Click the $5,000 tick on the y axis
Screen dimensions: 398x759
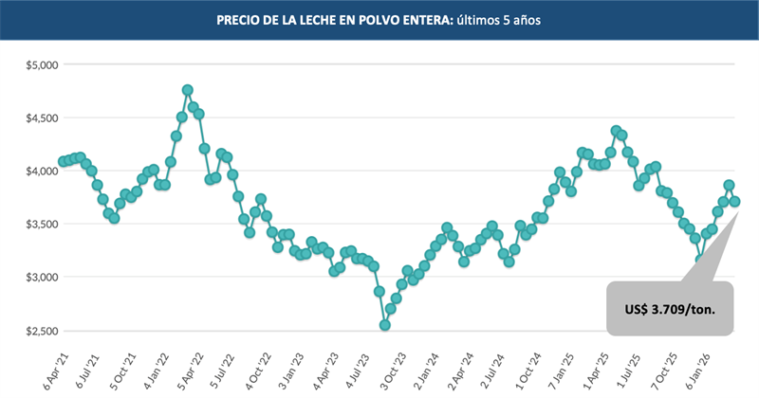tap(41, 64)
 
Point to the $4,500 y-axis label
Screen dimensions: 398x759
tap(41, 118)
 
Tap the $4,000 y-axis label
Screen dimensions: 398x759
tap(41, 171)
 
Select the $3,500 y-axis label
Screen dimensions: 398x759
tap(41, 224)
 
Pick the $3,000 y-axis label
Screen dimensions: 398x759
tap(41, 277)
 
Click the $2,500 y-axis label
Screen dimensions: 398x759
tap(41, 331)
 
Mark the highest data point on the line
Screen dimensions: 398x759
tap(188, 90)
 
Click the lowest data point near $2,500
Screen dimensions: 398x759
tap(385, 325)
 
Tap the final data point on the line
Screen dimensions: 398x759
tap(734, 201)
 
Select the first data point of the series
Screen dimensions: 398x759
tap(63, 161)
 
